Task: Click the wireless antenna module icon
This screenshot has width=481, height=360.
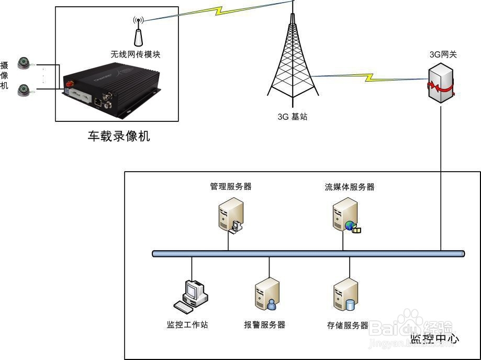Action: click(138, 35)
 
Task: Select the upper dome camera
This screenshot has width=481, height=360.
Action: click(23, 63)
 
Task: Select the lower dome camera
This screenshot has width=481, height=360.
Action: click(23, 89)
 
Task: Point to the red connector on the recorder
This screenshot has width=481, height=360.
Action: click(68, 83)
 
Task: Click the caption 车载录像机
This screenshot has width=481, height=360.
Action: click(119, 137)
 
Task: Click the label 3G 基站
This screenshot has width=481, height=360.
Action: click(293, 117)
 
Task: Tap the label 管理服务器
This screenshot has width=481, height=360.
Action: click(230, 186)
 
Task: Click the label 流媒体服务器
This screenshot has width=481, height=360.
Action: click(350, 187)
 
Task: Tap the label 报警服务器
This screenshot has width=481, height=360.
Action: click(264, 324)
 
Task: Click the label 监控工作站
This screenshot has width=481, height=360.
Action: click(187, 324)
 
